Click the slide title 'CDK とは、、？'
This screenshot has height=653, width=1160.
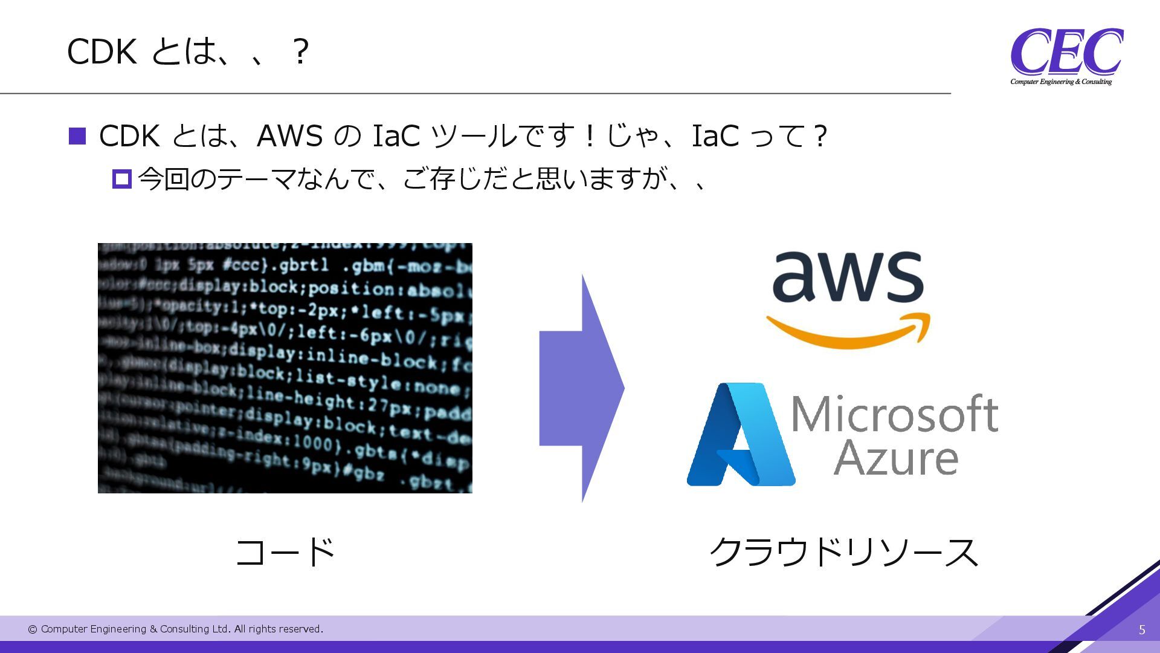[x=188, y=51]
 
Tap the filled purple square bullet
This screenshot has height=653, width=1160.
[x=78, y=136]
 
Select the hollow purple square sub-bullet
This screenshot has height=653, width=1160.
[x=122, y=179]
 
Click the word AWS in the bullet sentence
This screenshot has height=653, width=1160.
[x=289, y=136]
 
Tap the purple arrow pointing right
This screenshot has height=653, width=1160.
[x=582, y=388]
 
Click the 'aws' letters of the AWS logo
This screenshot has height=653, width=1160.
[x=848, y=277]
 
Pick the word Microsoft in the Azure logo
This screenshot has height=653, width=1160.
[x=894, y=415]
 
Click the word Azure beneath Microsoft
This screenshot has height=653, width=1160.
[x=896, y=458]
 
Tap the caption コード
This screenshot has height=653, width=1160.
[x=285, y=552]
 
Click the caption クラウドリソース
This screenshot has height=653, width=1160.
[x=843, y=552]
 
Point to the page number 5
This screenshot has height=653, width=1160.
[x=1142, y=630]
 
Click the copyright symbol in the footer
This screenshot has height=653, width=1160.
[x=33, y=629]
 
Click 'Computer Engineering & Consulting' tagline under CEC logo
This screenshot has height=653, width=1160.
[x=1061, y=82]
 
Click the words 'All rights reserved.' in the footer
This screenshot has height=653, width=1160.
[x=279, y=629]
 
